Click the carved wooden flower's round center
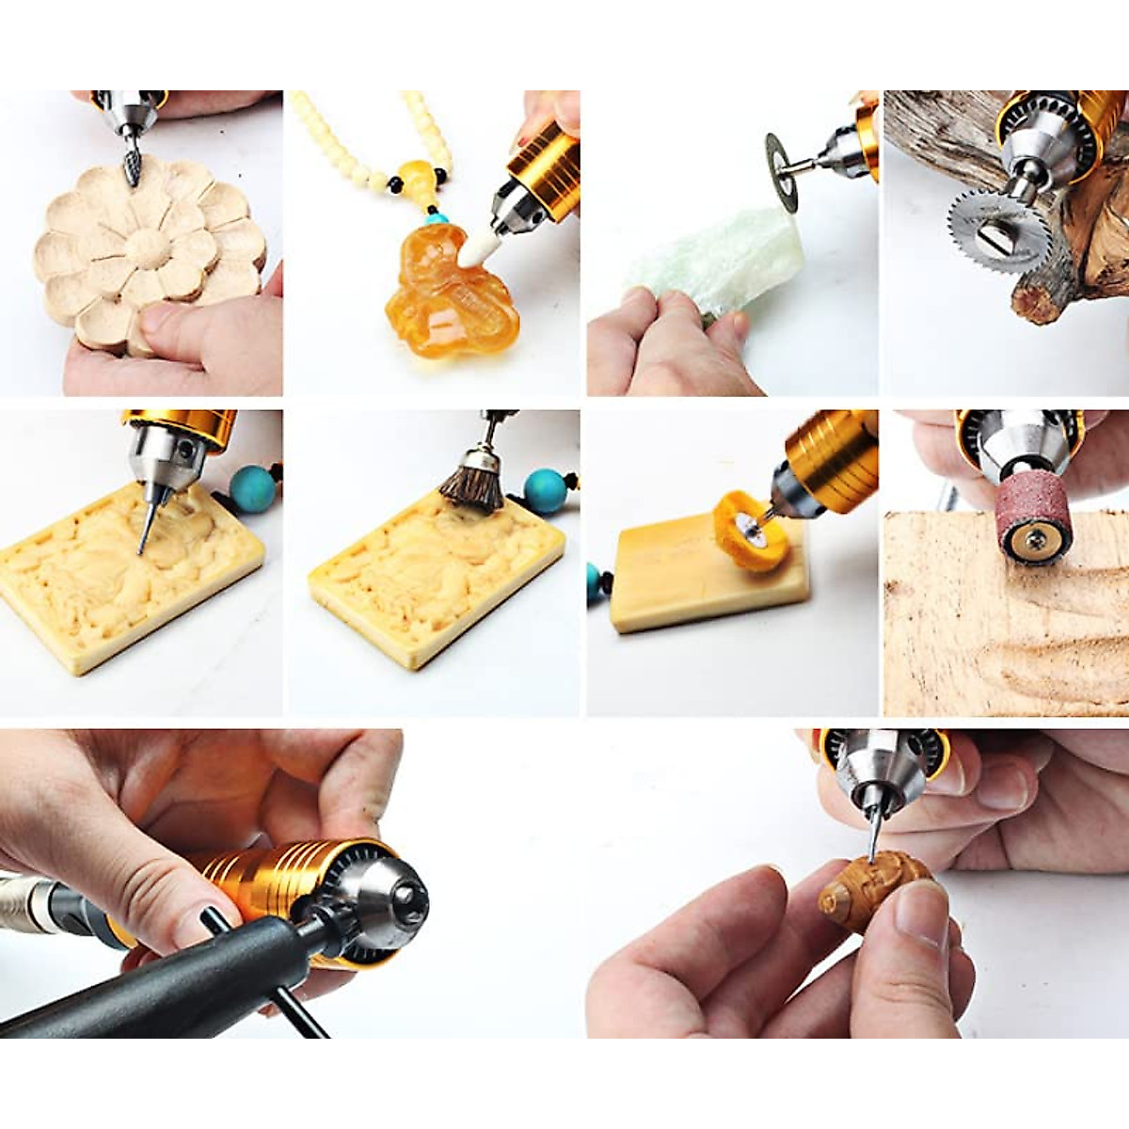(149, 247)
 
